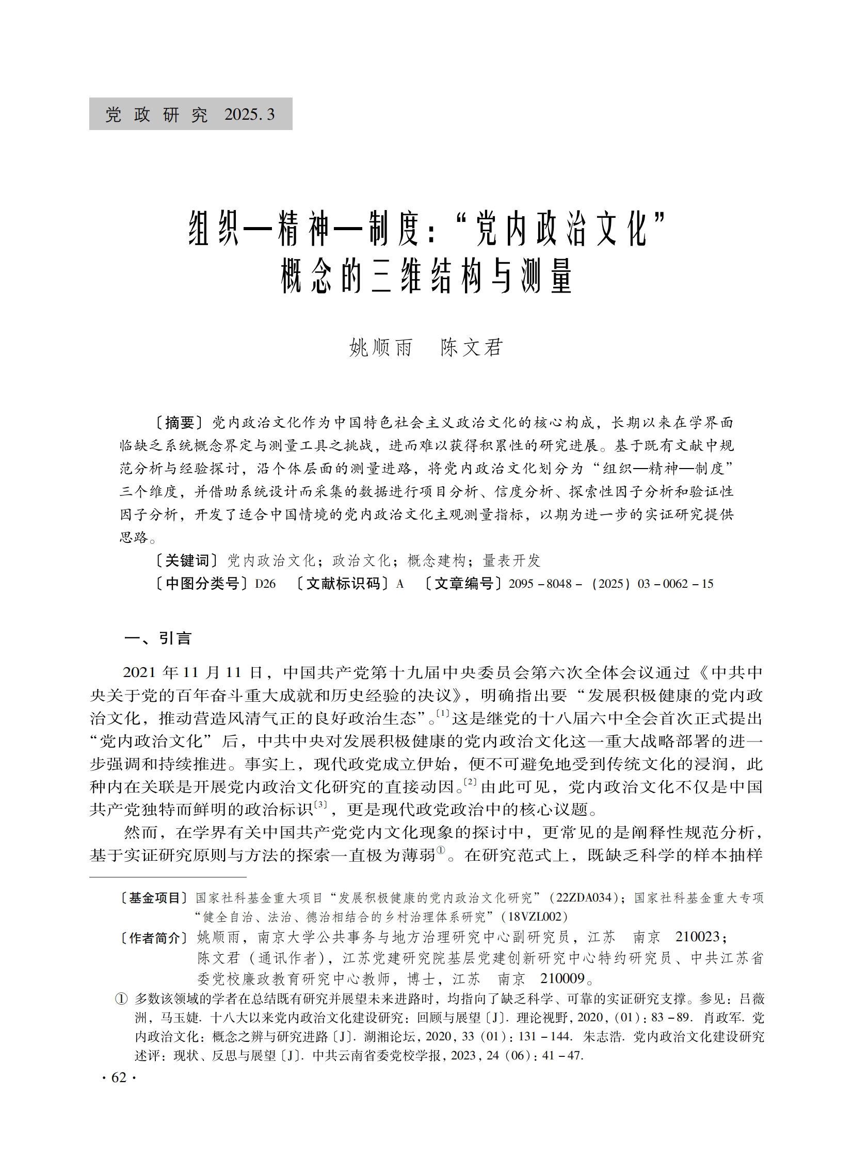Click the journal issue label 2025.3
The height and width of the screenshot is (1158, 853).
(x=249, y=115)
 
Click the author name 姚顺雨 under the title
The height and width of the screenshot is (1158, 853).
(x=380, y=348)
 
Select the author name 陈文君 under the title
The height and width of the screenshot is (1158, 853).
(x=472, y=348)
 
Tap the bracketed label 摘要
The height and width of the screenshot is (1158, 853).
(x=180, y=423)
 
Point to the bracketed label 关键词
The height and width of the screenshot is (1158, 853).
(x=187, y=560)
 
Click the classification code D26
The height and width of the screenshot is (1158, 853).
(x=265, y=584)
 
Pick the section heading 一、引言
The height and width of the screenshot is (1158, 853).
(x=157, y=639)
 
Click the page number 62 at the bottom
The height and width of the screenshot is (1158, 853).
(x=119, y=1077)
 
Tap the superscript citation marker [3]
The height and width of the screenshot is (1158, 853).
(x=320, y=805)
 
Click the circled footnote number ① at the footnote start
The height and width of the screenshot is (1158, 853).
(x=121, y=999)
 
